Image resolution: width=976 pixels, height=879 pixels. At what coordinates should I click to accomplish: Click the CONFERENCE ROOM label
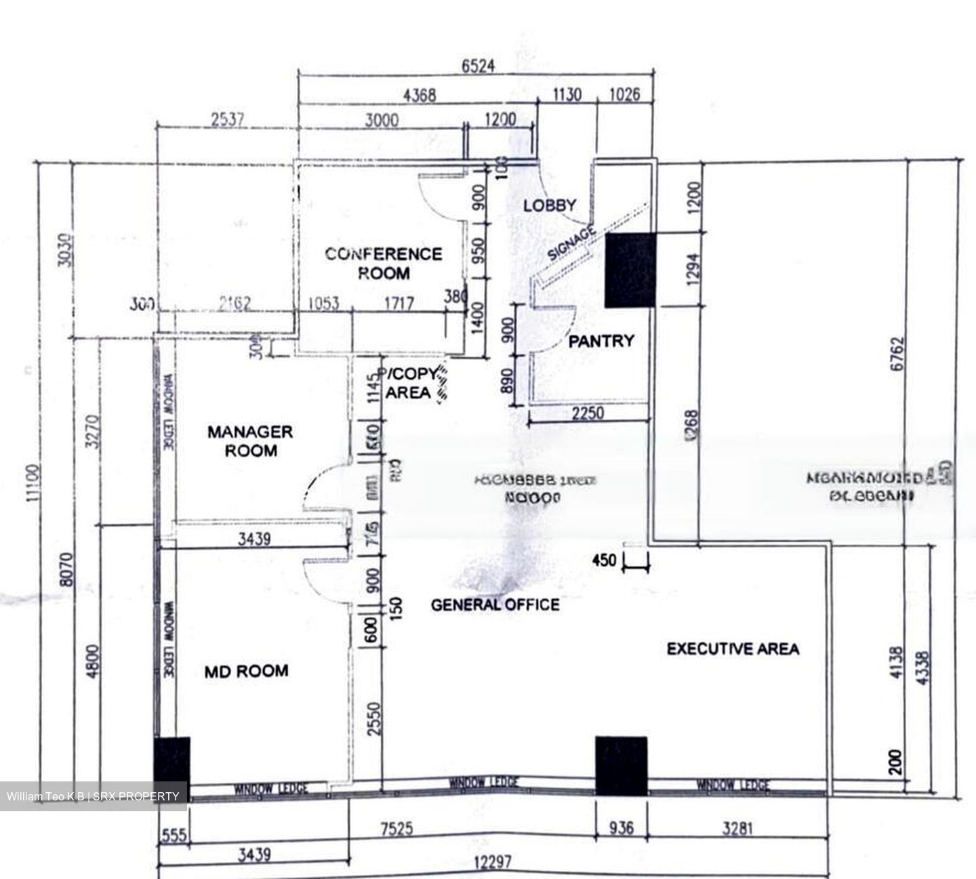[383, 264]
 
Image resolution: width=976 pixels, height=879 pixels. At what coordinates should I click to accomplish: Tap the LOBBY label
[550, 205]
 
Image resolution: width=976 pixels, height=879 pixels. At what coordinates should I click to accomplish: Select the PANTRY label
[601, 341]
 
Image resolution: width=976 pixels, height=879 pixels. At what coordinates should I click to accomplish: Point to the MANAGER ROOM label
[250, 441]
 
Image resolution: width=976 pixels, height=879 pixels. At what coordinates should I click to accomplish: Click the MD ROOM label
[246, 671]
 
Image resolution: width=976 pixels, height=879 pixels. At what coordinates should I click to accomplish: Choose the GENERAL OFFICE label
[495, 605]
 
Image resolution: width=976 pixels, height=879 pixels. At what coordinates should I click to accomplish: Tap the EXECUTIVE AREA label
[733, 649]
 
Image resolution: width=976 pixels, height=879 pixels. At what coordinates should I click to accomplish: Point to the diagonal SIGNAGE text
[571, 244]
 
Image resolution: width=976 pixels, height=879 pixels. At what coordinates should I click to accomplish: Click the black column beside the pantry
[630, 270]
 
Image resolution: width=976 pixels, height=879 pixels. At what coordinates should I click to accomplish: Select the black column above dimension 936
[621, 766]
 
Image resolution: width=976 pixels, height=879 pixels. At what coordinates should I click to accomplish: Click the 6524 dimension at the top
[478, 66]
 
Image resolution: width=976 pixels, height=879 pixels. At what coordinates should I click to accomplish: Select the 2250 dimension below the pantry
[587, 413]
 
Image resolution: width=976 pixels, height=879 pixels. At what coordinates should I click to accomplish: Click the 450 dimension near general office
[604, 560]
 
